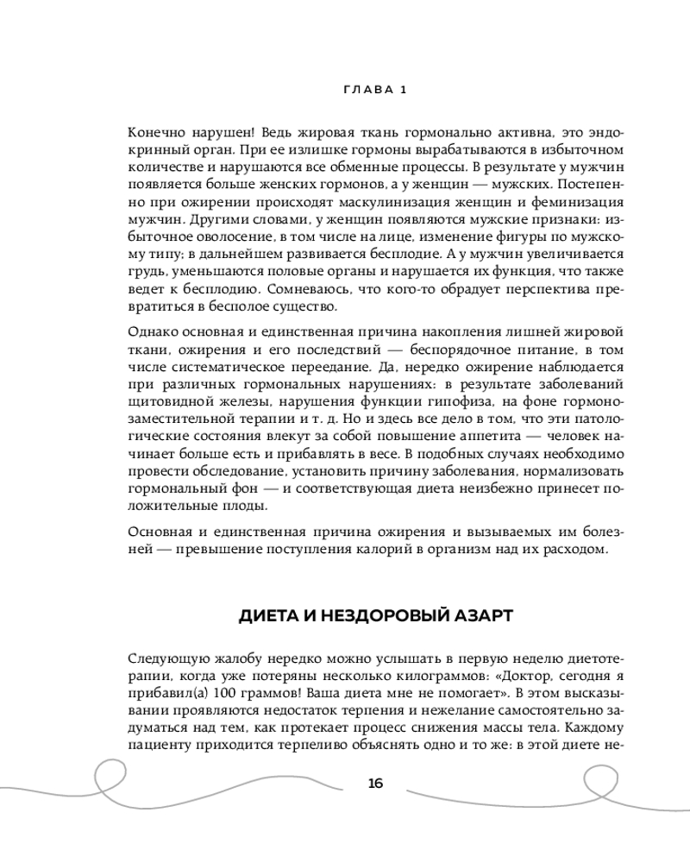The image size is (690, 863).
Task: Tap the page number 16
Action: click(x=374, y=784)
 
